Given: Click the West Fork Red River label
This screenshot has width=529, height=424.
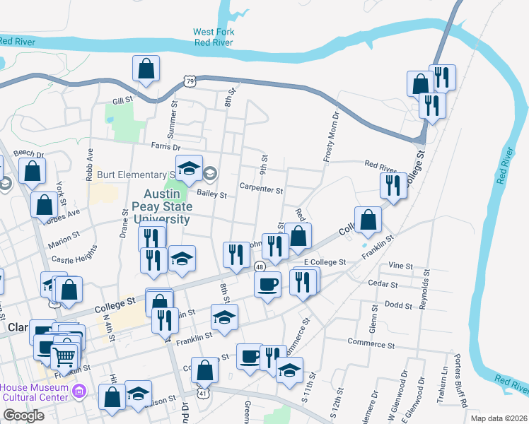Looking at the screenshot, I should tap(214, 37).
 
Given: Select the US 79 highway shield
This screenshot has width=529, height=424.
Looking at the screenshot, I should tap(190, 83).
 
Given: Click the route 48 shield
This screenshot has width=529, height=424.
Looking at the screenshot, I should tap(260, 266).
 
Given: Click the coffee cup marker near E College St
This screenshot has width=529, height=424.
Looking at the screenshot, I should tap(267, 284).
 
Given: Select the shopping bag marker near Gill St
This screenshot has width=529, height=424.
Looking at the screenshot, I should tap(146, 69).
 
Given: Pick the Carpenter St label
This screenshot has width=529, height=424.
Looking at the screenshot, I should tap(261, 190).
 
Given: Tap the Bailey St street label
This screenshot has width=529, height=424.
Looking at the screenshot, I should tap(211, 194).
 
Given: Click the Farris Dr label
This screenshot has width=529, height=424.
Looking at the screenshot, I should tap(165, 146).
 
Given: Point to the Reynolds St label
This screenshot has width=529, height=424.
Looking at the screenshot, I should tap(426, 290).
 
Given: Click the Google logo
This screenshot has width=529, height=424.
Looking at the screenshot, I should tap(23, 416).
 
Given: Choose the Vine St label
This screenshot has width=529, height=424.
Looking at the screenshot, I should tap(400, 265).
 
